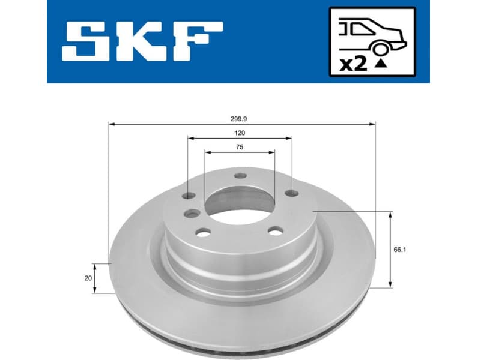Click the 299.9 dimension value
tap(242, 119)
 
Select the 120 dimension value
tap(240, 133)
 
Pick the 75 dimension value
tap(240, 146)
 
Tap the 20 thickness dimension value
tap(88, 278)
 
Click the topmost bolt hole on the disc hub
tap(240, 175)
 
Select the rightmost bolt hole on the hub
tap(292, 193)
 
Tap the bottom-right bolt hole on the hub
tap(276, 231)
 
